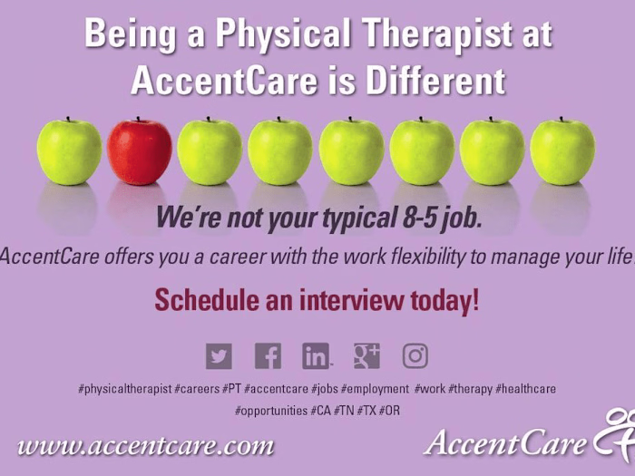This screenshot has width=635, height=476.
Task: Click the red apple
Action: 140,152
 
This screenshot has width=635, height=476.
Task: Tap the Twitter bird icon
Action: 219,356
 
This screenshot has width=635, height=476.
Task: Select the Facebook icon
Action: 268,356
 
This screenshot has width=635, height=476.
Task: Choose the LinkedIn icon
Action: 316,356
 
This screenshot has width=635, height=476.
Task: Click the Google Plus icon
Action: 366,356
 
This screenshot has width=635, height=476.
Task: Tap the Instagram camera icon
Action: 415,356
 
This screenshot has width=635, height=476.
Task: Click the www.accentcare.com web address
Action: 145,446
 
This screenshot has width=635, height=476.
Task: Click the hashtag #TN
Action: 344,411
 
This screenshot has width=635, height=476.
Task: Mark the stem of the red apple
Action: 139,120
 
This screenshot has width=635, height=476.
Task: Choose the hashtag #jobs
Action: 324,389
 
